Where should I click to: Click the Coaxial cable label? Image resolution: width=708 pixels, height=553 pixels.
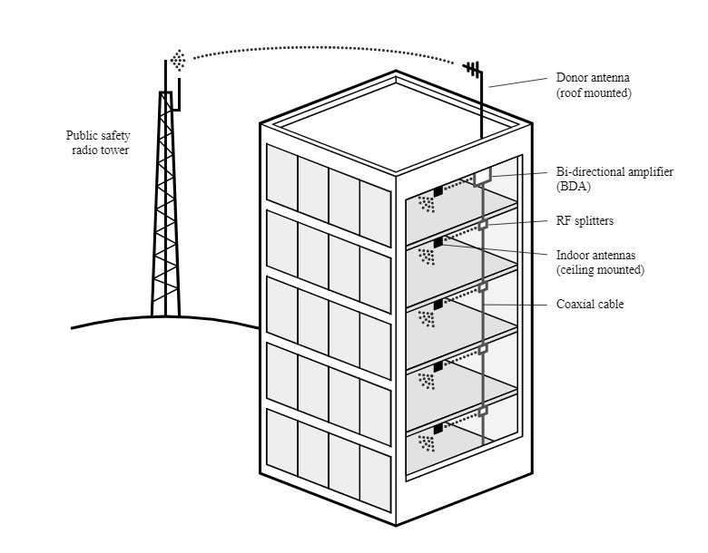(x=589, y=304)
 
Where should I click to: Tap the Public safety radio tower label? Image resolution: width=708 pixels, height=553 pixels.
(x=99, y=143)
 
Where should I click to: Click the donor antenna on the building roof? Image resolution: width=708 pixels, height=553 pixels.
(x=475, y=72)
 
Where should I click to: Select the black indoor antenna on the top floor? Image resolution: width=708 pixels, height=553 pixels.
(x=438, y=190)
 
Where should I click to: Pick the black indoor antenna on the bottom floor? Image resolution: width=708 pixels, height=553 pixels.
(x=438, y=427)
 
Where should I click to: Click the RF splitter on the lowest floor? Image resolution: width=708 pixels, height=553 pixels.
(x=483, y=411)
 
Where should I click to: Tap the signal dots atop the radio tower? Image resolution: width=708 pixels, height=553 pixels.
(x=179, y=62)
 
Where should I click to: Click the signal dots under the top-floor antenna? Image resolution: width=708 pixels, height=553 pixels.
(x=426, y=205)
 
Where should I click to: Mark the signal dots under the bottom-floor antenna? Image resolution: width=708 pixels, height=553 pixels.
(x=426, y=442)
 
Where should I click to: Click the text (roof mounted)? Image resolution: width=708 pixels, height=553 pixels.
(x=593, y=93)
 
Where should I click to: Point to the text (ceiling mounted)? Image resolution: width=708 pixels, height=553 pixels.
(x=599, y=270)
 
